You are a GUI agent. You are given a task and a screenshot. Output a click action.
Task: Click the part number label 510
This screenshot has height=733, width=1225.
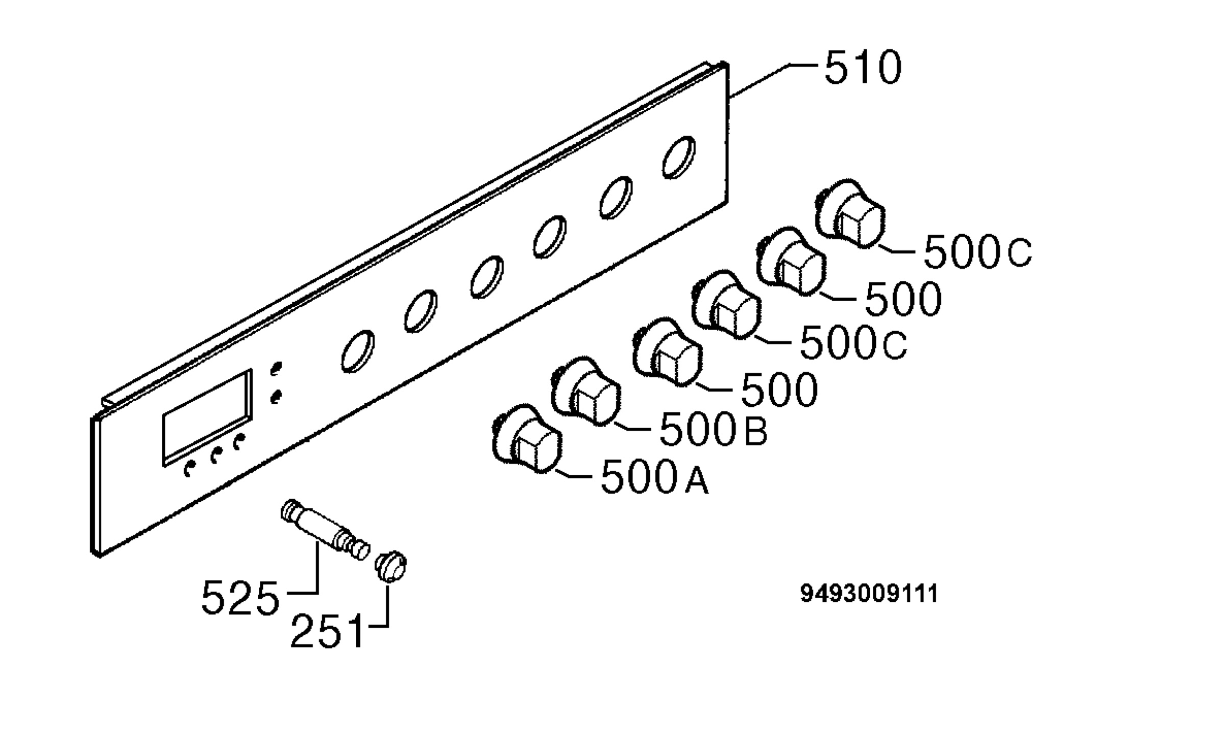(x=863, y=67)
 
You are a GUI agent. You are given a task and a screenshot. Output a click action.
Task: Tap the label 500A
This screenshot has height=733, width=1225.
(x=655, y=477)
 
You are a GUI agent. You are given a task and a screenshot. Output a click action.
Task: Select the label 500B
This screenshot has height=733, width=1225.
(x=713, y=429)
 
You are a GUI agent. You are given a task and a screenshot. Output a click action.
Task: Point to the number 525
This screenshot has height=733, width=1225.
(x=240, y=597)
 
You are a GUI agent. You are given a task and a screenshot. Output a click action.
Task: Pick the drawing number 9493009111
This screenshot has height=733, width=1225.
(x=869, y=594)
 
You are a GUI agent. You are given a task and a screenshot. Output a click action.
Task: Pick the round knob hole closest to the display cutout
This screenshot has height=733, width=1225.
(x=357, y=351)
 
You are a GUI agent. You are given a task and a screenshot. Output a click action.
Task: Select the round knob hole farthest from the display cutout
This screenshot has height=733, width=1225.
(x=679, y=157)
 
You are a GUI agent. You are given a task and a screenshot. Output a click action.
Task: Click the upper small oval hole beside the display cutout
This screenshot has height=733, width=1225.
(x=276, y=369)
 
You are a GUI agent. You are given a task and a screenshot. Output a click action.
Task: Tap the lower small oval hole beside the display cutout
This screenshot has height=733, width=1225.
(x=276, y=397)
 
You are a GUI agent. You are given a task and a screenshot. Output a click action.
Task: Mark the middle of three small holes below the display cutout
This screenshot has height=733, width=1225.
(x=216, y=454)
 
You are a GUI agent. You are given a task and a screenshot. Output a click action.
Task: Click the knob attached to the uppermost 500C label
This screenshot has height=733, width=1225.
(x=849, y=214)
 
